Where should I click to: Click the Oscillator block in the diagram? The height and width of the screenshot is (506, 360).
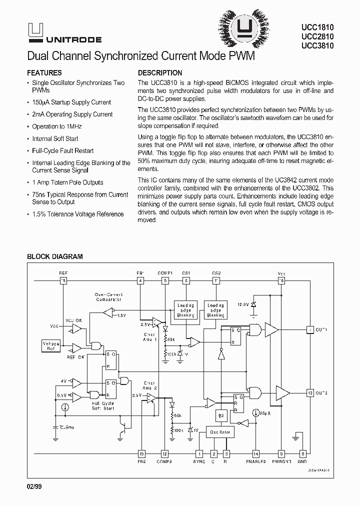pos(220,432)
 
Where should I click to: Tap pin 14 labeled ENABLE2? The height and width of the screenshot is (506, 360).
pos(256,453)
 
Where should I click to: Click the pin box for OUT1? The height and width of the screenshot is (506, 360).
pos(309,330)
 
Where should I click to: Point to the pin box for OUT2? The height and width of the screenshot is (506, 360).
pos(309,392)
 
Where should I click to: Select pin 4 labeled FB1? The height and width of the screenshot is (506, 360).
pos(140,280)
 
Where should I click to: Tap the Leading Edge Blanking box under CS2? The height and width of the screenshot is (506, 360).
pos(215,309)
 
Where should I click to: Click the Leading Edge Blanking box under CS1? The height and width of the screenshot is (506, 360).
pos(185,309)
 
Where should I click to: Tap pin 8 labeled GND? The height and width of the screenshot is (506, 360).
pos(302,453)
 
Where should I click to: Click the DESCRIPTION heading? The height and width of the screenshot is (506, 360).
pos(160,72)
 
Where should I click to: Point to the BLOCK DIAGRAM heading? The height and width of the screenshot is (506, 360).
pos(54,256)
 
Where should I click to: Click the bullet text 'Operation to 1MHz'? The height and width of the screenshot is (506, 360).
pos(55,126)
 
